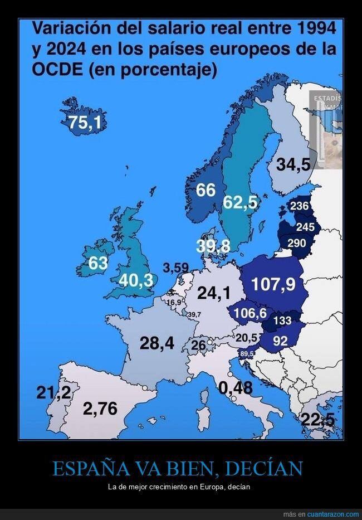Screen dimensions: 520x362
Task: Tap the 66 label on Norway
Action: click(206, 191)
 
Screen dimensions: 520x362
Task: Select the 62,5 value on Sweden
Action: click(241, 203)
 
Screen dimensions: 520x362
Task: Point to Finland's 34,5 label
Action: click(293, 165)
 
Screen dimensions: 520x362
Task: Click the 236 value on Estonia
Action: click(300, 207)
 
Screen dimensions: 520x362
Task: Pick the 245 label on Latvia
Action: click(305, 227)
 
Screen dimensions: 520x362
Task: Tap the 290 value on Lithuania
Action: click(296, 244)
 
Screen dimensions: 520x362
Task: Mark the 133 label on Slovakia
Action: click(282, 320)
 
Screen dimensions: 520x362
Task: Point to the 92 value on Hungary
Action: click(280, 341)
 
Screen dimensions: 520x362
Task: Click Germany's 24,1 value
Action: click(214, 293)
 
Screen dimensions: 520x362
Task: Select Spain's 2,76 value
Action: click(100, 409)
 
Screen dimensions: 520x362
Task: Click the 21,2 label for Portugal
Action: click(53, 393)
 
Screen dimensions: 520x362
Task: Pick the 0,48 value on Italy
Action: click(236, 388)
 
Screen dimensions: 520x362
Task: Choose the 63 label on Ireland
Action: click(98, 263)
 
